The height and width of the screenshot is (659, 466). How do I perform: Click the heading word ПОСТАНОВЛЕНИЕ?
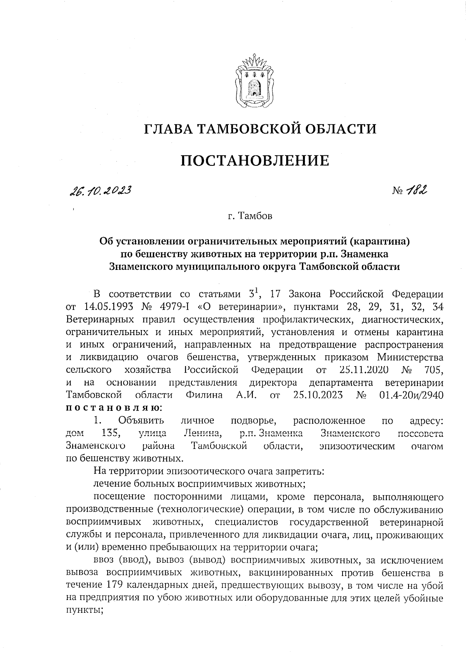tap(255, 160)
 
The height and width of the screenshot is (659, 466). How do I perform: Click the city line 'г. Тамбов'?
tap(250, 216)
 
